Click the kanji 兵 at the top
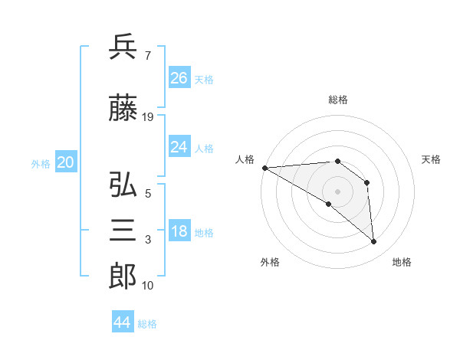click(x=123, y=47)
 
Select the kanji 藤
click(x=123, y=110)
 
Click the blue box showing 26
click(x=179, y=78)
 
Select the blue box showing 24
click(x=179, y=147)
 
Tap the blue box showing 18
click(x=179, y=232)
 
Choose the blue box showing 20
click(x=65, y=162)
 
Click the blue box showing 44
click(x=123, y=322)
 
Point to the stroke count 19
click(x=148, y=117)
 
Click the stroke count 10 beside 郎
click(x=148, y=286)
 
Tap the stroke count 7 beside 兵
click(x=147, y=55)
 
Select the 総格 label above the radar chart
click(x=338, y=100)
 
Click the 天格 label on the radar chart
click(x=431, y=159)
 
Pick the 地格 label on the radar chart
click(x=402, y=262)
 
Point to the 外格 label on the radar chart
click(x=270, y=262)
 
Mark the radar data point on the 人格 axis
click(x=264, y=168)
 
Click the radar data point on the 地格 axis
click(x=374, y=242)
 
